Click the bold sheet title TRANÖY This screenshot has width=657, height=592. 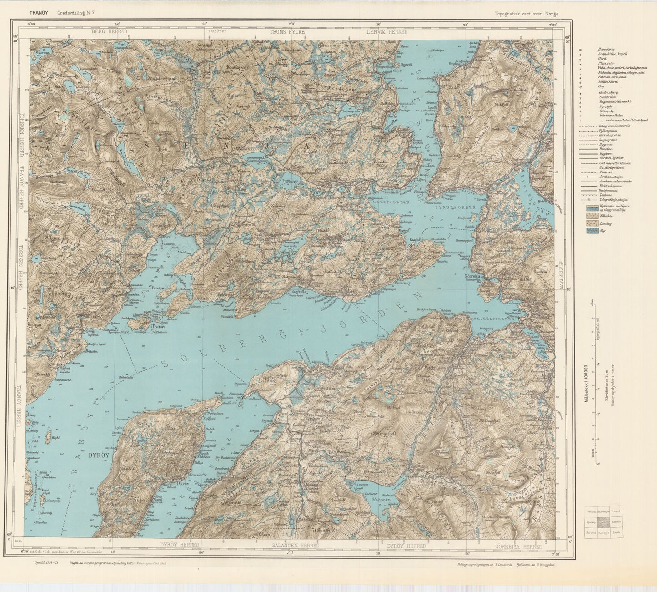[37, 13]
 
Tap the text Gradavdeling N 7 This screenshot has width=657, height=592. [76, 13]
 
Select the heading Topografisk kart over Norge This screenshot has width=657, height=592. [527, 14]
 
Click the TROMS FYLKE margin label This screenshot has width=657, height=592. [287, 32]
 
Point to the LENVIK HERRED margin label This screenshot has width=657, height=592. [387, 32]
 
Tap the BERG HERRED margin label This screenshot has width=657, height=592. [109, 32]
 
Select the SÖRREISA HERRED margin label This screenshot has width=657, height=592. [518, 546]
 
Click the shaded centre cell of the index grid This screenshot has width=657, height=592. [604, 521]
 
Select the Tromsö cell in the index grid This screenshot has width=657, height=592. [616, 512]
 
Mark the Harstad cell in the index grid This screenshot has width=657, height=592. [591, 532]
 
